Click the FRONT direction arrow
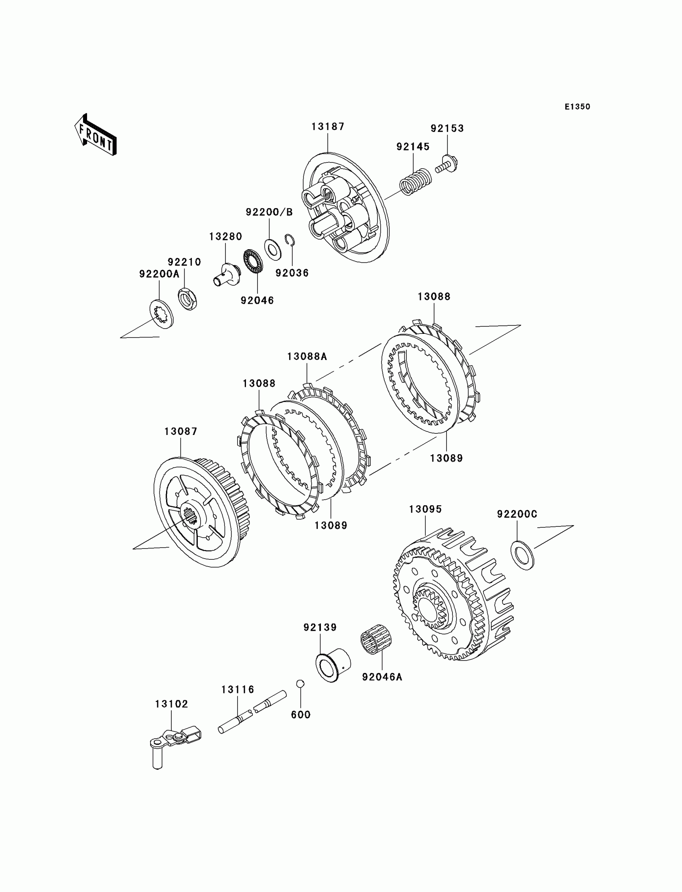tap(96, 135)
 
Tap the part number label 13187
tap(328, 127)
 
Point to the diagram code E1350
tap(577, 107)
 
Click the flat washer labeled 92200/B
tap(273, 250)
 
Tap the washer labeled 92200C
tap(522, 555)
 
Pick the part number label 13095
tap(425, 509)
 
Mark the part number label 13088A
tap(307, 356)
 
